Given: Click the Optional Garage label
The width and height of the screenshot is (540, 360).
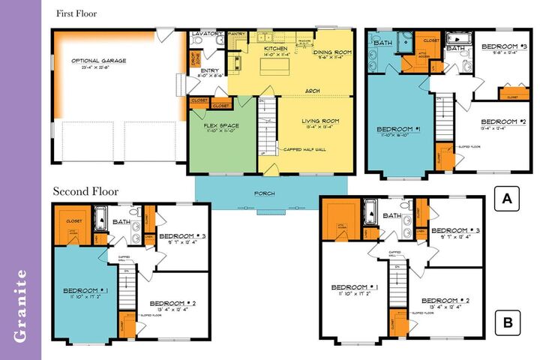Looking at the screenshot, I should [x=99, y=61].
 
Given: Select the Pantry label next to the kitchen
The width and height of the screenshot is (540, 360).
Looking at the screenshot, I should [x=238, y=34].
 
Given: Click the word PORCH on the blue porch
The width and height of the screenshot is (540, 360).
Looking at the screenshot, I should [x=264, y=193].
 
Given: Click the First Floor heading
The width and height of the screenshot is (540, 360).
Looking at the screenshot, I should [x=76, y=13].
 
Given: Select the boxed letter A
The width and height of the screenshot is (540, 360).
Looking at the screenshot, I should [x=508, y=199].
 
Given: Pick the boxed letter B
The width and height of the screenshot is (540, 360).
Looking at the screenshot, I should [x=508, y=323].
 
